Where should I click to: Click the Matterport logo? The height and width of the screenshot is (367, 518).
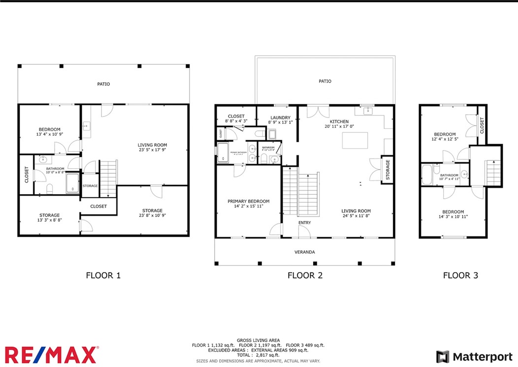tap(474, 357)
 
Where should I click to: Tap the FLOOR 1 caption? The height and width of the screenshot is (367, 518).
tap(103, 275)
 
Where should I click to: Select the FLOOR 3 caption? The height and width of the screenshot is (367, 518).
tap(460, 275)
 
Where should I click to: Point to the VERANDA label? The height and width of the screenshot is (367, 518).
tap(305, 252)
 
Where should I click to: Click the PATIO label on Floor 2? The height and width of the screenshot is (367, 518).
tap(324, 81)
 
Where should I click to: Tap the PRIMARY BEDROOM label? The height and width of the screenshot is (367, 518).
tap(248, 201)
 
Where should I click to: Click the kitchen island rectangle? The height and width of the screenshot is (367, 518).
tap(355, 140)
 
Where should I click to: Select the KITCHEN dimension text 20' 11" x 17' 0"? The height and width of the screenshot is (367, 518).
tap(339, 126)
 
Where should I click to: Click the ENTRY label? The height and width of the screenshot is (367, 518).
tap(305, 223)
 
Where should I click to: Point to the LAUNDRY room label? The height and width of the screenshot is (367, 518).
tap(280, 118)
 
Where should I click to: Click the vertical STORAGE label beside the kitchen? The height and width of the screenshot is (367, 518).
tap(388, 169)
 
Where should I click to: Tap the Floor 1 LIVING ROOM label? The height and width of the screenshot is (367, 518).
tap(151, 145)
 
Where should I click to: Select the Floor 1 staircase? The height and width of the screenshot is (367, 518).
tap(108, 177)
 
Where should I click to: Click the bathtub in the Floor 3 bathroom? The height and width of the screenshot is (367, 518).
tap(427, 174)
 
